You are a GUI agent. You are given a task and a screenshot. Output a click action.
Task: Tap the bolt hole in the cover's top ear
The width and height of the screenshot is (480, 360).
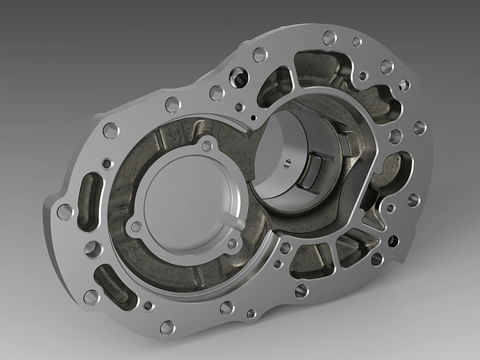pyautogui.click(x=208, y=145)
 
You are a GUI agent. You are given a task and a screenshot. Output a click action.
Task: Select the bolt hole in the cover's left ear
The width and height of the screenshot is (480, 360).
pyautogui.click(x=136, y=226)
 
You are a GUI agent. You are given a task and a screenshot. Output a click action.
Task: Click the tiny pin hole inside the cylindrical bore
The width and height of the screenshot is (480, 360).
pyautogui.click(x=287, y=161)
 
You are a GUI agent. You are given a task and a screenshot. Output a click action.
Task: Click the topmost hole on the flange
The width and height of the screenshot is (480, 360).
pyautogui.click(x=329, y=38)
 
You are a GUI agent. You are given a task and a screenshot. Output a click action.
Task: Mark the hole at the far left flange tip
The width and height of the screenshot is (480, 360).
pyautogui.click(x=65, y=211)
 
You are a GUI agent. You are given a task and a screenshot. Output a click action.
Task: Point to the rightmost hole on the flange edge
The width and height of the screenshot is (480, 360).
pyautogui.click(x=420, y=127)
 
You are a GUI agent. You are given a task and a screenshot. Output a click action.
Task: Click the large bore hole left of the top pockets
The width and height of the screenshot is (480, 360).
pyautogui.click(x=239, y=77)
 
